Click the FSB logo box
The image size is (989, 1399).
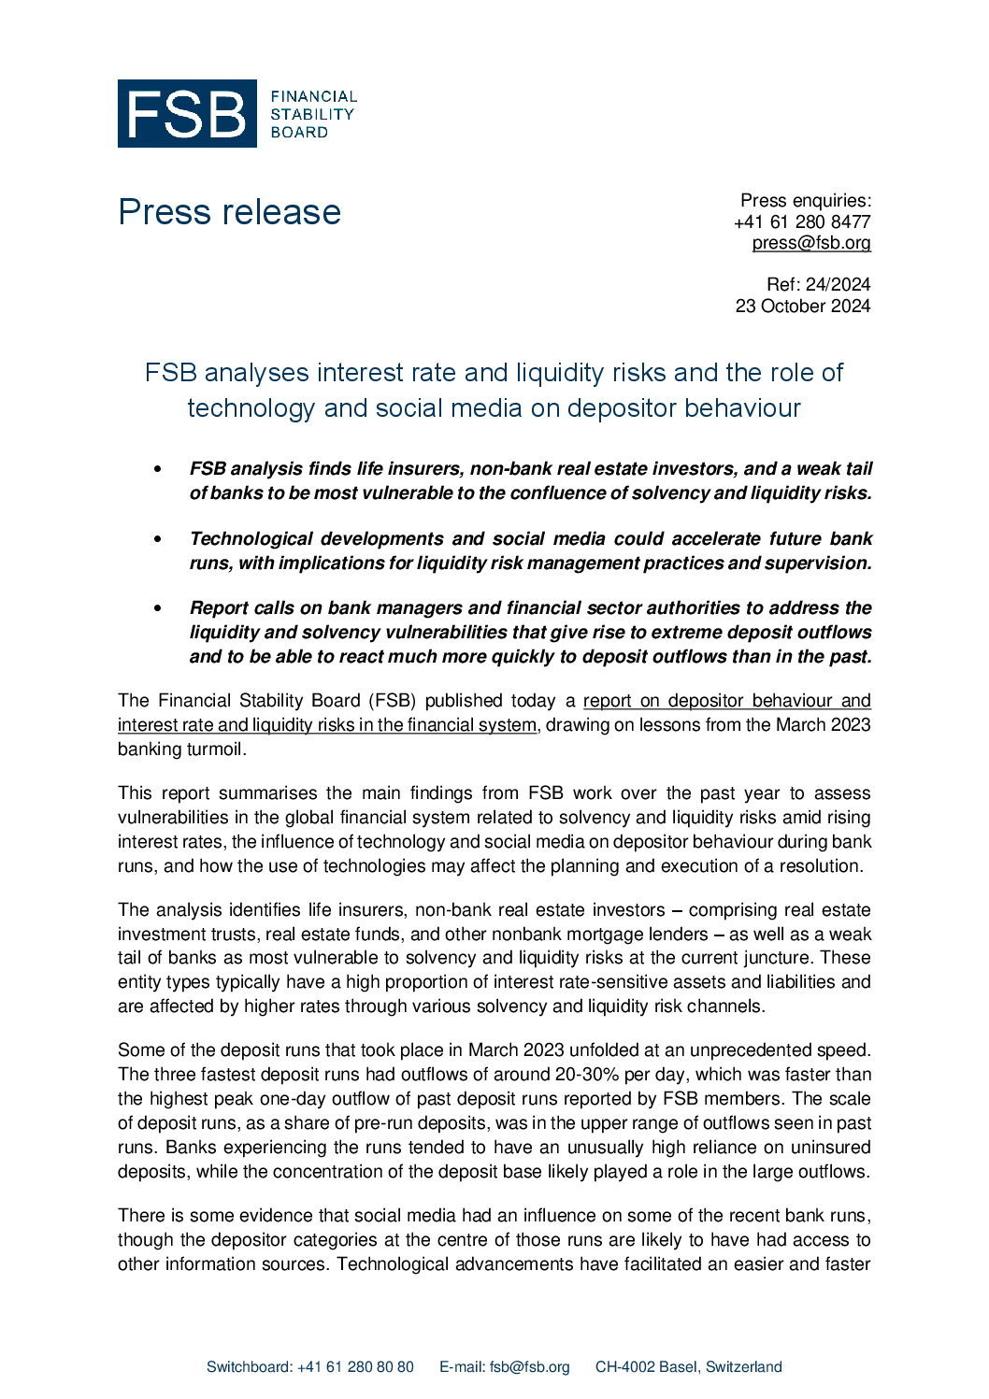pyautogui.click(x=187, y=113)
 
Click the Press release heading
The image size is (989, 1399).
pyautogui.click(x=229, y=212)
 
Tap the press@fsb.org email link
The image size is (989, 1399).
pyautogui.click(x=811, y=243)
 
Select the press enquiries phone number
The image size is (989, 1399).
pyautogui.click(x=802, y=221)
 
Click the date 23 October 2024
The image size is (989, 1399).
pyautogui.click(x=802, y=306)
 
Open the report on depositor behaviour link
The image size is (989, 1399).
pyautogui.click(x=726, y=701)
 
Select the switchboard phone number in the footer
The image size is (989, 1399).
pyautogui.click(x=355, y=1367)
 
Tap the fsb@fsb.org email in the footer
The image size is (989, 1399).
pyautogui.click(x=529, y=1367)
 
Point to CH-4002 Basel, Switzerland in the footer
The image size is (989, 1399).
pyautogui.click(x=688, y=1367)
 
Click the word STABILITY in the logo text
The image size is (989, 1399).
pyautogui.click(x=312, y=114)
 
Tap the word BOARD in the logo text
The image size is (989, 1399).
pyautogui.click(x=299, y=133)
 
